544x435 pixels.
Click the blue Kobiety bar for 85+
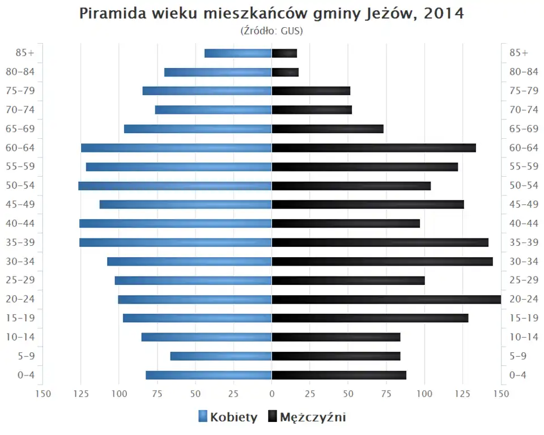[x=238, y=53]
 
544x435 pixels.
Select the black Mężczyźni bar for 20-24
[x=386, y=299]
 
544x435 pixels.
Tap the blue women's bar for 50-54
[x=175, y=186]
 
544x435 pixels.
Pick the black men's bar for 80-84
[x=285, y=72]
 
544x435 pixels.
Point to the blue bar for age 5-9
[x=221, y=356]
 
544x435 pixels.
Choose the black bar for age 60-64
[x=374, y=148]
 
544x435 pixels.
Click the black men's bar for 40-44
[x=346, y=223]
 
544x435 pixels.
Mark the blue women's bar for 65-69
[x=198, y=129]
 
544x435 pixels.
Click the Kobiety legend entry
[x=228, y=417]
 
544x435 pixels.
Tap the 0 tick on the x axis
[x=272, y=393]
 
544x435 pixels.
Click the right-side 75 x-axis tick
[x=386, y=393]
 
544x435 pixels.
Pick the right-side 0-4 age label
[x=518, y=375]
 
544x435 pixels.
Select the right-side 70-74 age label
[x=524, y=110]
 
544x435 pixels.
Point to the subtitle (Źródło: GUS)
[x=272, y=31]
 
